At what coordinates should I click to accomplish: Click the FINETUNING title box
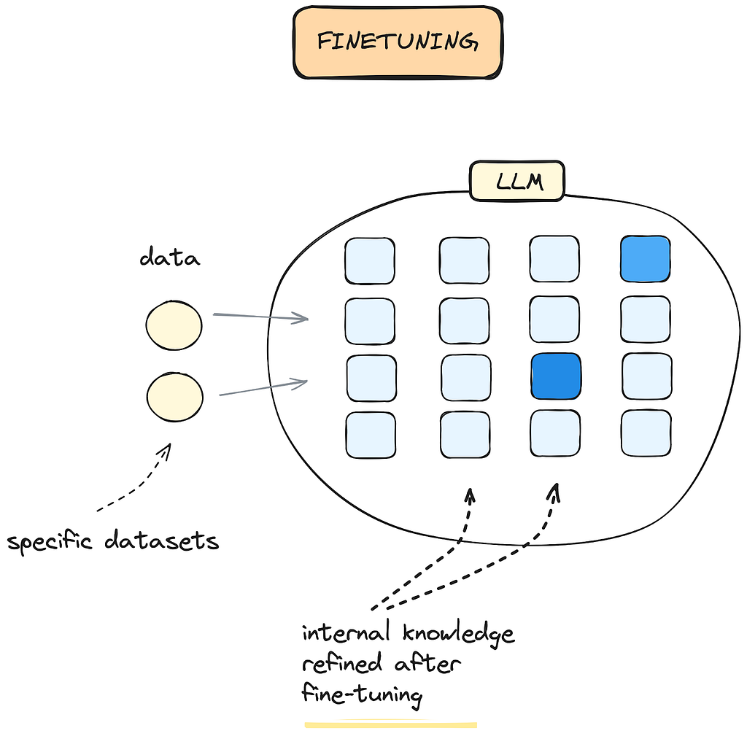pos(398,42)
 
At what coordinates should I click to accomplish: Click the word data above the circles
pos(169,258)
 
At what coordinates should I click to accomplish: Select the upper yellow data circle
pos(174,326)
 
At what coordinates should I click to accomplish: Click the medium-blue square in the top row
pos(645,259)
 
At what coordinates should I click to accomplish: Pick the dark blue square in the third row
pos(556,376)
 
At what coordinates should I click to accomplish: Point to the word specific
pos(49,543)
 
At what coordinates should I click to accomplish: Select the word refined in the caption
pos(341,664)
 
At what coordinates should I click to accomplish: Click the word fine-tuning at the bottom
pos(361,694)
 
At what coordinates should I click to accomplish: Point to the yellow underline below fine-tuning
pos(390,724)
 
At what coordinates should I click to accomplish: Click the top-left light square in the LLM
pos(370,260)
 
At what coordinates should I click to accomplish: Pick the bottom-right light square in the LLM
pos(646,433)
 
